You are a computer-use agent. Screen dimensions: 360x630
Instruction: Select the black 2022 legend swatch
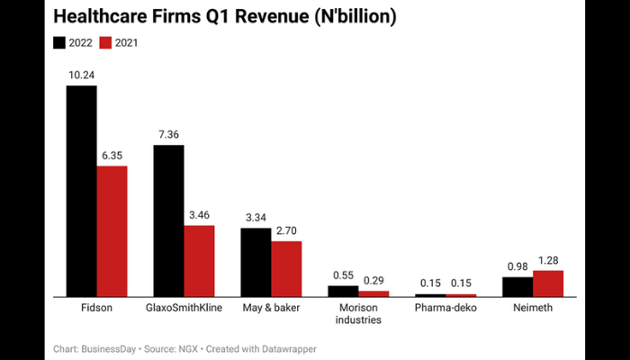[x=60, y=42]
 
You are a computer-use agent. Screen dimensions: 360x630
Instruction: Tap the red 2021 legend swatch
[x=104, y=42]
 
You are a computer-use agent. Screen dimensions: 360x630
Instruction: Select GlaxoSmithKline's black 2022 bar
[x=168, y=220]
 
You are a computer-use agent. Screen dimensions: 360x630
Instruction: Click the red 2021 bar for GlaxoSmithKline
[x=199, y=261]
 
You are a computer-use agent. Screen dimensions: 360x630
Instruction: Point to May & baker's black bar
[x=256, y=262]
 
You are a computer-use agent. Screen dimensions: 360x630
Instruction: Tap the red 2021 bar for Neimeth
[x=548, y=283]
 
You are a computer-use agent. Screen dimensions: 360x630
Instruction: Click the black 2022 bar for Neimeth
[x=517, y=287]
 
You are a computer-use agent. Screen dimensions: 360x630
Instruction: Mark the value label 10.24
[x=82, y=76]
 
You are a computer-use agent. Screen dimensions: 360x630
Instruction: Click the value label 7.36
[x=169, y=134]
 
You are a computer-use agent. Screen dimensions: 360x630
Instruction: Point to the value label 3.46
[x=200, y=215]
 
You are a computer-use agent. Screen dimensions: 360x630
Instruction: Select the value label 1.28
[x=548, y=260]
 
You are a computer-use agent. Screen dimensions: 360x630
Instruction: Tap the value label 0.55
[x=343, y=275]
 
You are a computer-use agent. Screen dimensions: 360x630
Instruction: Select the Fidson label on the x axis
[x=96, y=308]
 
